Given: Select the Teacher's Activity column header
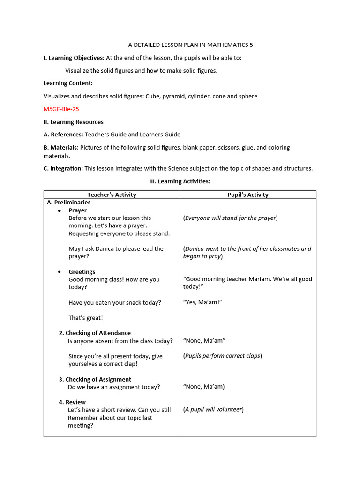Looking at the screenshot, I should click(112, 195).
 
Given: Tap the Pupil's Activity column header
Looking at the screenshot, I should click(248, 195).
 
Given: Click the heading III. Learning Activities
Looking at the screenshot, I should click(180, 181).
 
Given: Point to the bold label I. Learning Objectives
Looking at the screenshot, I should click(74, 58).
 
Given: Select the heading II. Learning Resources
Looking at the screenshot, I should click(74, 122).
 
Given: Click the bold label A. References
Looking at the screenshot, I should click(63, 135).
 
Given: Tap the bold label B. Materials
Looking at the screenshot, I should click(61, 147).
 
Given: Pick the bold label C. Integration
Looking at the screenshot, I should click(63, 168).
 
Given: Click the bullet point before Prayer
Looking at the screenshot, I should click(59, 211).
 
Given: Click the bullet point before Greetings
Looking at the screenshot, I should click(59, 272).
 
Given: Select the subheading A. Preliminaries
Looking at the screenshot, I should click(69, 202).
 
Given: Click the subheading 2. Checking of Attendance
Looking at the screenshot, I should click(95, 333).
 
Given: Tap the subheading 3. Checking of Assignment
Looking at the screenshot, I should click(95, 379).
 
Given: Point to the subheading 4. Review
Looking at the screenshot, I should click(72, 402).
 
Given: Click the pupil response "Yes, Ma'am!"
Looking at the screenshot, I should click(202, 302).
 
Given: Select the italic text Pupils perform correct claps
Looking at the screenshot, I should click(223, 356).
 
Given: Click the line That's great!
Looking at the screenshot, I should click(86, 318).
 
